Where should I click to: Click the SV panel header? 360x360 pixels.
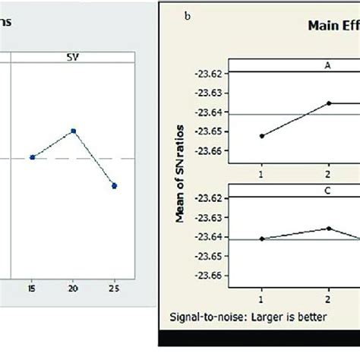click(72, 57)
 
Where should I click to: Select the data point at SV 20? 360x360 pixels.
click(73, 131)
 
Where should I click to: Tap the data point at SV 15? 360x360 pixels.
click(32, 157)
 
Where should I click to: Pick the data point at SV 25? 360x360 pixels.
click(114, 185)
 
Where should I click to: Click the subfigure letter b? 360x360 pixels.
click(187, 15)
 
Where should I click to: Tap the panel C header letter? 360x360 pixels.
click(328, 191)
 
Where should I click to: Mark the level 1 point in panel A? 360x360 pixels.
click(262, 136)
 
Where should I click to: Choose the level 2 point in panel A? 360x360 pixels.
click(330, 103)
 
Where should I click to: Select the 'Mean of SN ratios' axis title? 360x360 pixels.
click(182, 174)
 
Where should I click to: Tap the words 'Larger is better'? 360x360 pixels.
click(289, 314)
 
